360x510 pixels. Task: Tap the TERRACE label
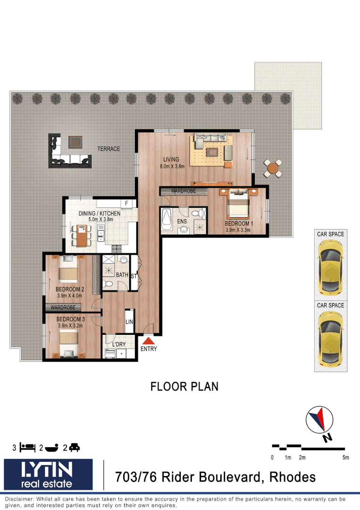coord(109,149)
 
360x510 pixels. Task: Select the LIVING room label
coord(172,159)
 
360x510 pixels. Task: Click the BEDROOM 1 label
coord(239,223)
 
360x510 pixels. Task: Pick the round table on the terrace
coord(273,168)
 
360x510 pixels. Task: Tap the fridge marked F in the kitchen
coord(126,204)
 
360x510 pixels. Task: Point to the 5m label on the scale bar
coord(345,457)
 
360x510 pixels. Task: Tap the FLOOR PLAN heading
coord(184,386)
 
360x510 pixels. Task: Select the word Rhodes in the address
coord(292,477)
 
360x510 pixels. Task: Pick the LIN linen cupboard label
coord(129,322)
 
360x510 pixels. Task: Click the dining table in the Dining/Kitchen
coord(82,235)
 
